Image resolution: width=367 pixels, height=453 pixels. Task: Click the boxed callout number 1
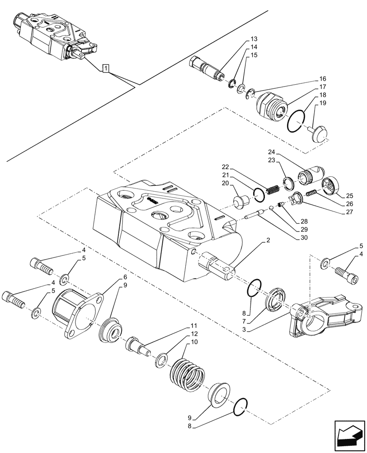point(105,68)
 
